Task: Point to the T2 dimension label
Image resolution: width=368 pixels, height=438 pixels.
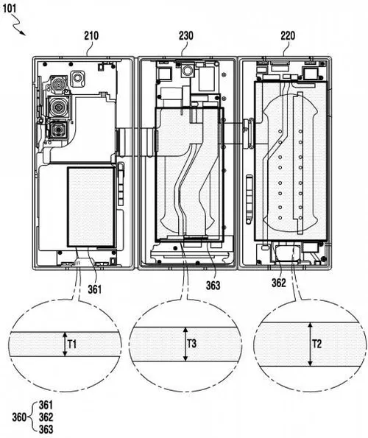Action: (318, 342)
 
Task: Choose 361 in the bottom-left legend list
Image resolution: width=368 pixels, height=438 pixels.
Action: (46, 405)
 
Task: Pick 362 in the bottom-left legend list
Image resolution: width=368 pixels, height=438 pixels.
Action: (46, 417)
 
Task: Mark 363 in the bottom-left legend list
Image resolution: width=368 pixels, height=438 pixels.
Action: (46, 428)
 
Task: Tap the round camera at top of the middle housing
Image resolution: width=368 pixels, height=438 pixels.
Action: (187, 71)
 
